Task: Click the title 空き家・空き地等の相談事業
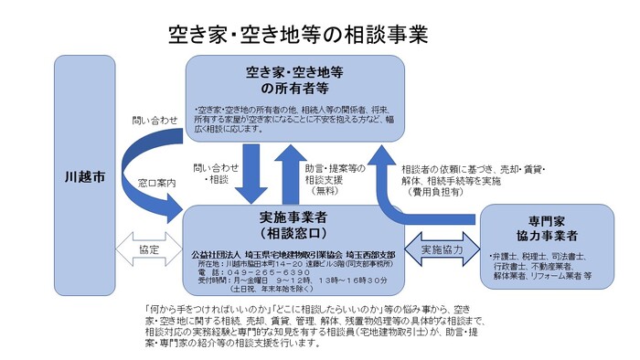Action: point(298,35)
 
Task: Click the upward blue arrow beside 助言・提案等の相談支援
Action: point(292,174)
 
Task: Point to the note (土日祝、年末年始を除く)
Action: point(266,290)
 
